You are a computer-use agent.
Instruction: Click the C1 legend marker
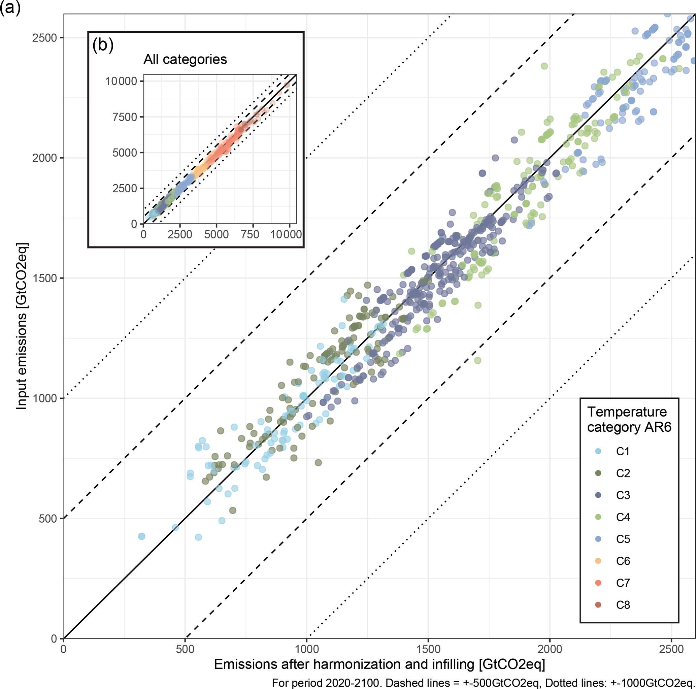pos(598,451)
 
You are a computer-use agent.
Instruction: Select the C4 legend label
pos(623,517)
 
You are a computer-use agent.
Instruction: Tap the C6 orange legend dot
pos(598,561)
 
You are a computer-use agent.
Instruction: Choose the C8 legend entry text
pos(623,605)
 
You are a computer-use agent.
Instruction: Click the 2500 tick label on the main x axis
pos(671,649)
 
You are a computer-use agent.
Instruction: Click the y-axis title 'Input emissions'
pos(22,326)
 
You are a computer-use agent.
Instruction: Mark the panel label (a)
pos(10,7)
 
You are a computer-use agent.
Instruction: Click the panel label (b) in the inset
pos(103,45)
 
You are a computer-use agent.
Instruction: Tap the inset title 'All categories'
pos(185,59)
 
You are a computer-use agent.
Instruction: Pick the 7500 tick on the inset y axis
pos(125,117)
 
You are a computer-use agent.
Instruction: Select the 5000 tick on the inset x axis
pos(216,235)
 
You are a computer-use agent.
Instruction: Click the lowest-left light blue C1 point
pos(141,536)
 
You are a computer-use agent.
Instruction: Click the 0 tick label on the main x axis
pos(64,649)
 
